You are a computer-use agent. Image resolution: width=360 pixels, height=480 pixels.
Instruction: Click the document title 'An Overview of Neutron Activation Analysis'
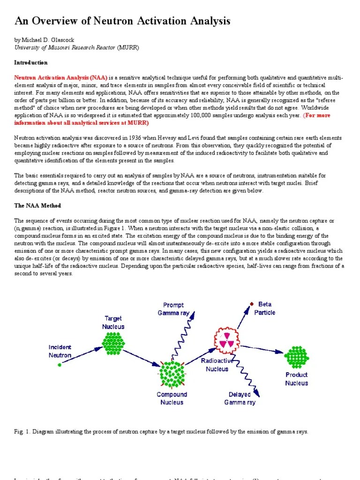pos(122,21)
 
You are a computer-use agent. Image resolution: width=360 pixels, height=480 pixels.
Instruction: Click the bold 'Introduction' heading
pos(31,62)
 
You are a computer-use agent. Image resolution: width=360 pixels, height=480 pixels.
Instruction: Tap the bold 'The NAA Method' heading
pos(37,206)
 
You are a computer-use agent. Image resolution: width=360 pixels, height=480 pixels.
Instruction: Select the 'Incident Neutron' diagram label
pos(60,351)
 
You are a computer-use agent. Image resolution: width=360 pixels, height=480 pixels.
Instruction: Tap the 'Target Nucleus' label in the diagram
pos(113,322)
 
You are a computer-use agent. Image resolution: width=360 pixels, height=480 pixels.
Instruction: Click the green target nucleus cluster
pos(113,343)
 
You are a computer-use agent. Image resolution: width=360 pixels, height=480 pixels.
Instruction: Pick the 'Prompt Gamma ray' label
pos(173,309)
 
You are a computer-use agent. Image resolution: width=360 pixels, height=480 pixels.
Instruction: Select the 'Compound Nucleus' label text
pos(172,398)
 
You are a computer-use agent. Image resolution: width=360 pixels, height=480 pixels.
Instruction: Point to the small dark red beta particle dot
pos(252,304)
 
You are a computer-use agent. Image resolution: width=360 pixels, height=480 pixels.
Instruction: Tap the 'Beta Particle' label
pos(265,308)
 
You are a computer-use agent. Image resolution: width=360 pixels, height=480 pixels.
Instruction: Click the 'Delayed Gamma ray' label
pos(240,398)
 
